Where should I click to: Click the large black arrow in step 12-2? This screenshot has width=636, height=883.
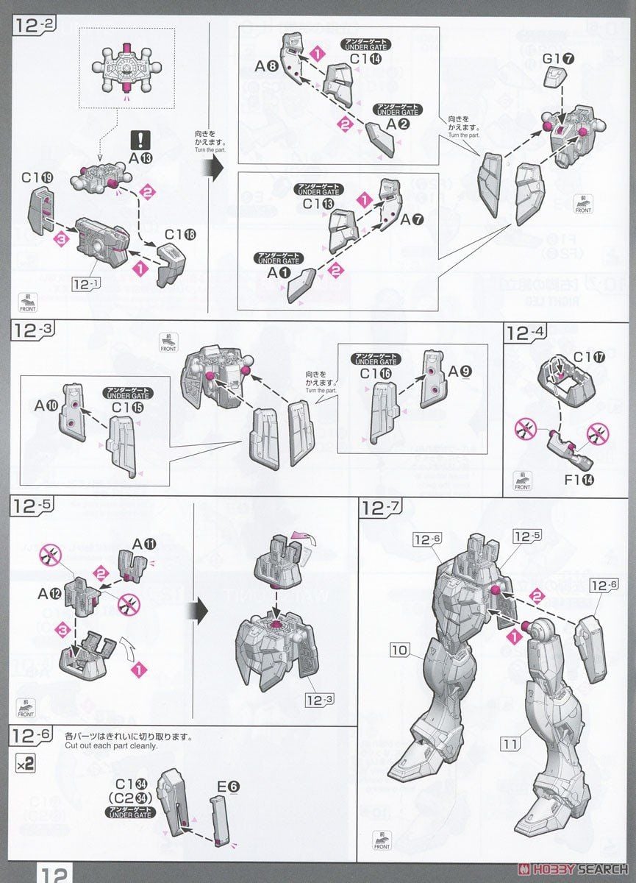pos(212,167)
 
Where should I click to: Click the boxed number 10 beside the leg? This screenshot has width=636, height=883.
pos(399,650)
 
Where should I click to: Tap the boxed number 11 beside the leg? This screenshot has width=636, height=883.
pos(510,745)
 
